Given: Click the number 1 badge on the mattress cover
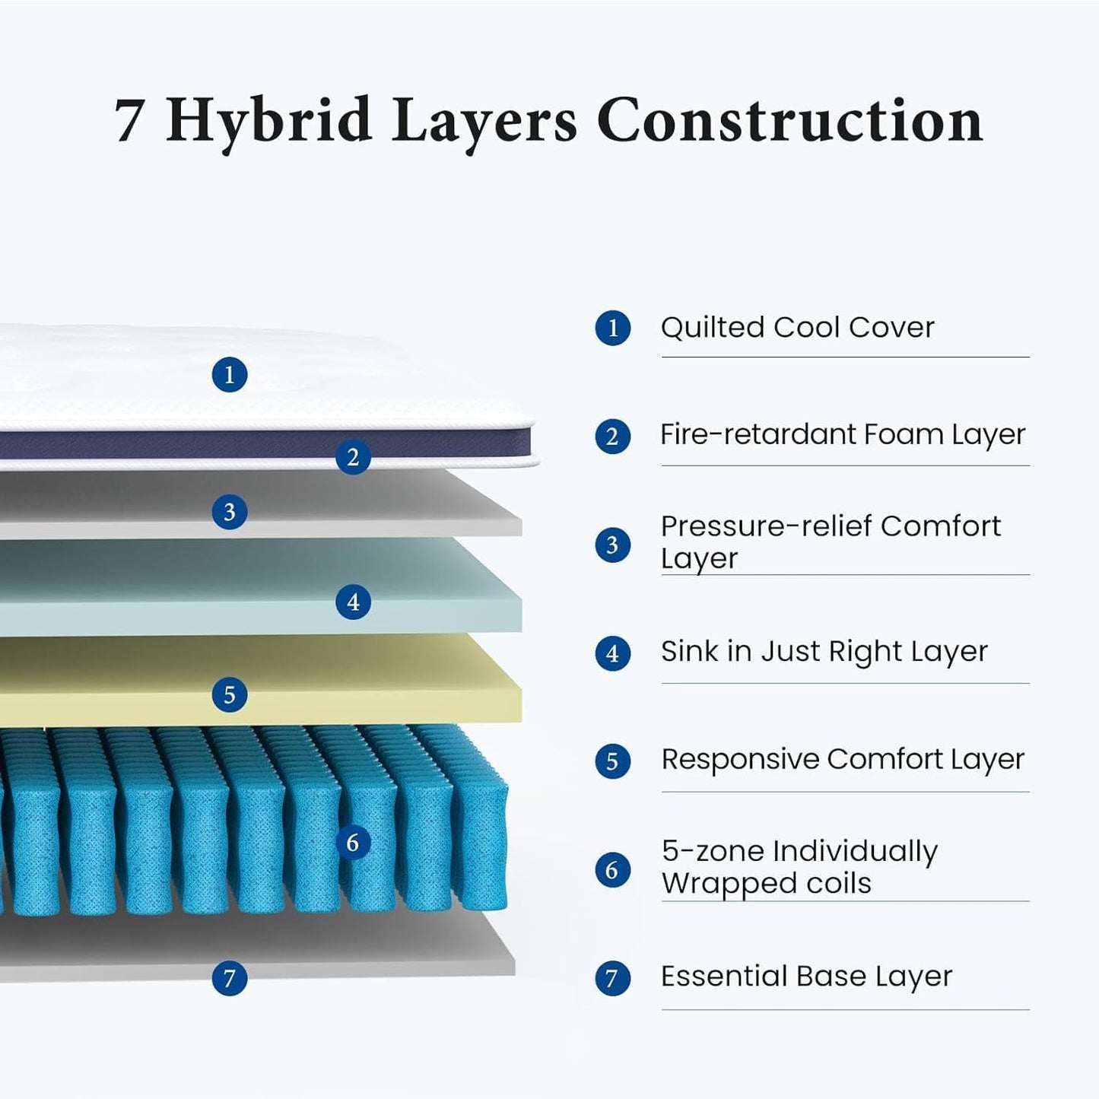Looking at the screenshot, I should coord(230,375).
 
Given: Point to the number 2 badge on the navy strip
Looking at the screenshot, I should coord(353,457).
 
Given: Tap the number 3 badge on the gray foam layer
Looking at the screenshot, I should coord(230,512).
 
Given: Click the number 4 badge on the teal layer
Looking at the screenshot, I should coord(353,602).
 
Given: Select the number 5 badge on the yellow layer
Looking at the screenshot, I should coord(230,695).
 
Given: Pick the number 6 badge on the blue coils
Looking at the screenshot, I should coord(353,843).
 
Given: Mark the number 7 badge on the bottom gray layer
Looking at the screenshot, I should coord(230,977).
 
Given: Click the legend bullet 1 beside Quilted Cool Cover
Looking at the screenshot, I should coord(612,329).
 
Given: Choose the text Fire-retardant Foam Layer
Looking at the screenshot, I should coord(843,435).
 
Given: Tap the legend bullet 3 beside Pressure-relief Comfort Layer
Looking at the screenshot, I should coord(612,545).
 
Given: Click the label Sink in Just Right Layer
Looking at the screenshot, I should coord(824,652).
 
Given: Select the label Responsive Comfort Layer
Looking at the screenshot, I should coord(843,760).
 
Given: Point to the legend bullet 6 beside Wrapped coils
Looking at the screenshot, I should coord(612,869).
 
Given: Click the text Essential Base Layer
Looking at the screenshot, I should coord(806,977).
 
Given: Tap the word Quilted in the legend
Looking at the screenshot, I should coord(712,328).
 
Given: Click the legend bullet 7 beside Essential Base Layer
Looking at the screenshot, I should coord(612,978).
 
